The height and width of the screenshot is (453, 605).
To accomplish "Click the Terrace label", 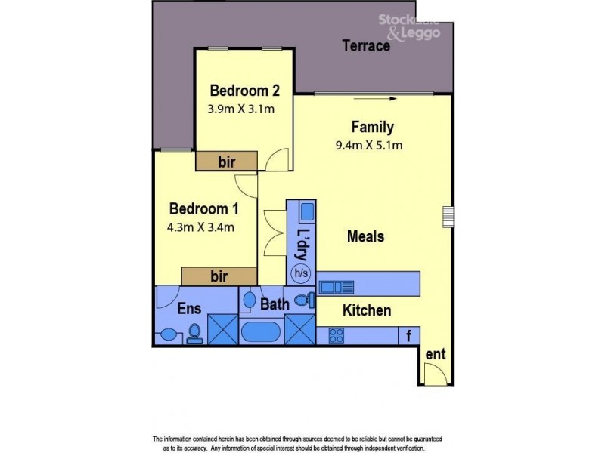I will [366, 46].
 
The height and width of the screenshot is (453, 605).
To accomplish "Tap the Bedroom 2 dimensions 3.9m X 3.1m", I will [240, 109].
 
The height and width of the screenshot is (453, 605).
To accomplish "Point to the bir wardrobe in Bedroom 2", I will [227, 161].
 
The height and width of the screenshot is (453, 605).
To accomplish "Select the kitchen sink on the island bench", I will [336, 287].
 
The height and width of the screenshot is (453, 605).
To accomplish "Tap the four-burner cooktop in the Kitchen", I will [336, 335].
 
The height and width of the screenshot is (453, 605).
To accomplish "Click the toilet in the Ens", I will [194, 333].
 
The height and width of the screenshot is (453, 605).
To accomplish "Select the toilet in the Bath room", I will [303, 300].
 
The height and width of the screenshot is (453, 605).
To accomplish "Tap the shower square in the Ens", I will [223, 330].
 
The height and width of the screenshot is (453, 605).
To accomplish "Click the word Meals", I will [365, 236].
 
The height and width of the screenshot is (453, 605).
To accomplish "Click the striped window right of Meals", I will [448, 217].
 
